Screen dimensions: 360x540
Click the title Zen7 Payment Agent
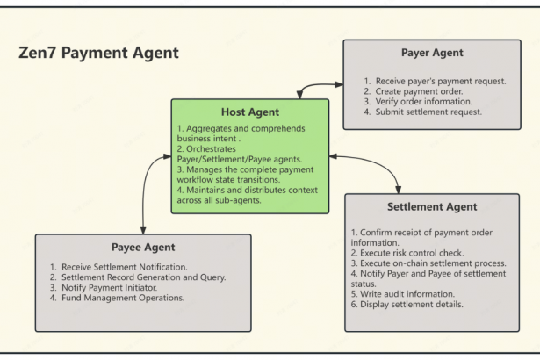click(x=98, y=54)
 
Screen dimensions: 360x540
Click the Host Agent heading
click(x=250, y=112)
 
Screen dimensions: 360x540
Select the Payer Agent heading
click(x=431, y=53)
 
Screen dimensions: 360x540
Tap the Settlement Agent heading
click(x=432, y=207)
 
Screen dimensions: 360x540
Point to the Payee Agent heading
click(x=143, y=248)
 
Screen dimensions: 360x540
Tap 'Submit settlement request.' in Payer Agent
click(x=428, y=112)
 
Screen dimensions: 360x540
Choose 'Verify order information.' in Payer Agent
click(x=424, y=102)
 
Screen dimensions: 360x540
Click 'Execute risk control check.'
click(x=407, y=252)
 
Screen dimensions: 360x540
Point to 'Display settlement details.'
click(x=407, y=305)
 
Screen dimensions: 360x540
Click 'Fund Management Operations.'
click(x=118, y=298)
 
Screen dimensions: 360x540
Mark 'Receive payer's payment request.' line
click(x=436, y=81)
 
